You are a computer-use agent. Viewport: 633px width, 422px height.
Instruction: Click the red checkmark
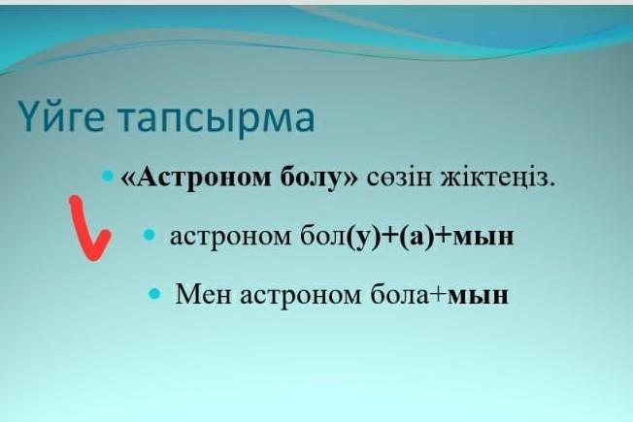[88, 228]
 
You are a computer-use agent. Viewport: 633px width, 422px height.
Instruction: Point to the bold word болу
[315, 178]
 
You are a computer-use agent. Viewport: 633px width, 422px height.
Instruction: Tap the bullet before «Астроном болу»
[108, 176]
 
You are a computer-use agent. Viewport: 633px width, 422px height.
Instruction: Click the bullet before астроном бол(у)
[149, 235]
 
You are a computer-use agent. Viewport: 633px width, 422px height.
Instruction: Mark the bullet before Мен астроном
[154, 294]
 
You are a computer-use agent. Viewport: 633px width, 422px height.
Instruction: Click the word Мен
[204, 295]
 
